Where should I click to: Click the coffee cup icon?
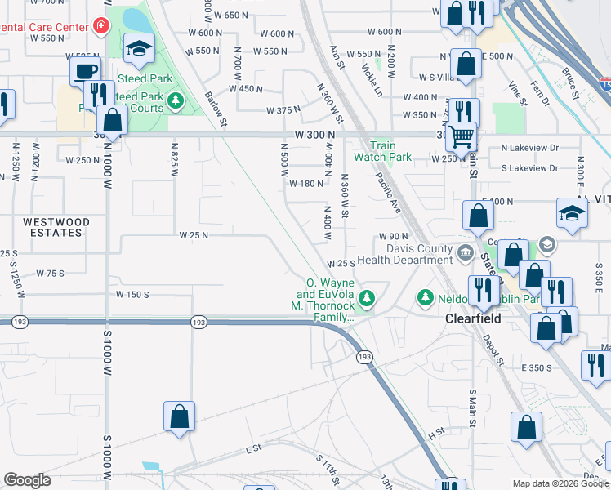pos(85,70)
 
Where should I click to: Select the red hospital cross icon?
pos(101,26)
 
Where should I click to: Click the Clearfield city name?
pos(473,318)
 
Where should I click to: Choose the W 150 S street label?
pos(132,294)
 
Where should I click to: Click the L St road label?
pos(252,449)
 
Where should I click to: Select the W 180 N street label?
pos(306,184)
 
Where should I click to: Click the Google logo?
pos(27,480)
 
